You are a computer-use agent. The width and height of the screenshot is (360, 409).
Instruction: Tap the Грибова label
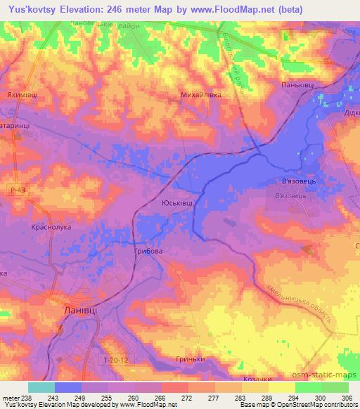[148, 250]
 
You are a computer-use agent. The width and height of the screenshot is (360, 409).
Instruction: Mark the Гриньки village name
[190, 359]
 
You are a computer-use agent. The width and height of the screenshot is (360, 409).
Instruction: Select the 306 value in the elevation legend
[345, 398]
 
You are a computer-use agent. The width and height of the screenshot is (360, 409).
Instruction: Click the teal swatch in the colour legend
[41, 387]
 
